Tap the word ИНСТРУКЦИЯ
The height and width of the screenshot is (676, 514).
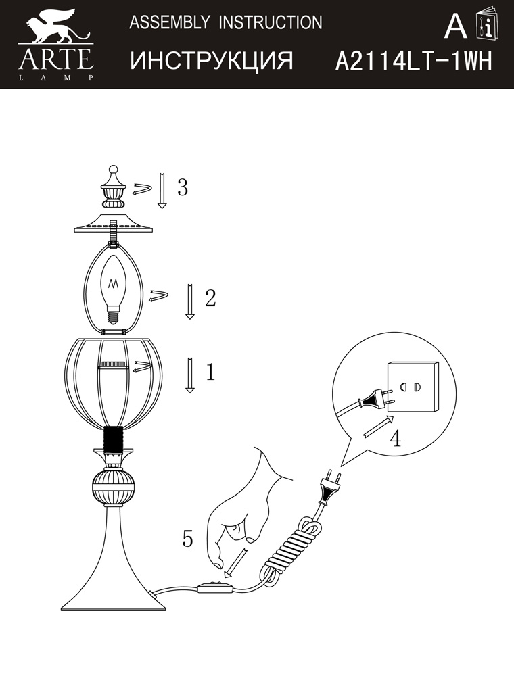coord(211,60)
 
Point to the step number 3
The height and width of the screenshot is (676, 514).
coord(183,187)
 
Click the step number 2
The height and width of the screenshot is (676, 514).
coord(210,298)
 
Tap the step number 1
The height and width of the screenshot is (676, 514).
coord(210,372)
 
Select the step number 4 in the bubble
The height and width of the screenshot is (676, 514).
coord(395,438)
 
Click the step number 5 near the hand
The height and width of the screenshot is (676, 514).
coord(187,539)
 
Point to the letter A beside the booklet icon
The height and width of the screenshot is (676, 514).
coord(455,26)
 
